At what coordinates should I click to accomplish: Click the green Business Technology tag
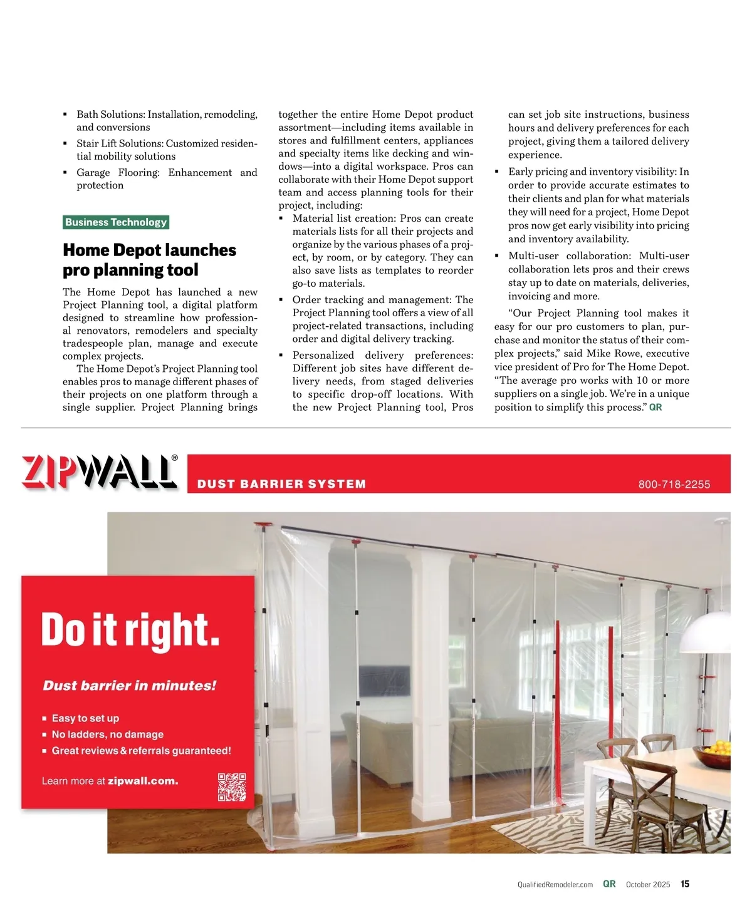coord(116,222)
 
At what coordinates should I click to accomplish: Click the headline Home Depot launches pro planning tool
coord(149,260)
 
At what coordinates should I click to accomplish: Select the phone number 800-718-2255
coord(674,485)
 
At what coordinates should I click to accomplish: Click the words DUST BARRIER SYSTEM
coord(281,484)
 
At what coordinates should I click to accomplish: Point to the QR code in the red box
coord(231,787)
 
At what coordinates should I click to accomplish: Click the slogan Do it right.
coord(130,630)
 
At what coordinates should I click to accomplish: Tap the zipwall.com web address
coord(143,781)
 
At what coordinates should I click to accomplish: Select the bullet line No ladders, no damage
coord(107,735)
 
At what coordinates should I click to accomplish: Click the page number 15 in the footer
coord(685,884)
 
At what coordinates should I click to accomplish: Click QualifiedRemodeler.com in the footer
coord(555,885)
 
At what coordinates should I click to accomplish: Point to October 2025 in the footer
coord(647,885)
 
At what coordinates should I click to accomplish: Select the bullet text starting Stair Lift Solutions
coord(166,150)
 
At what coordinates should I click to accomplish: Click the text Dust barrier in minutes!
coord(129,686)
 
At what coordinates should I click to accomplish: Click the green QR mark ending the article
coord(655,408)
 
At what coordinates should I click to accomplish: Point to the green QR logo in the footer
coord(609,884)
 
